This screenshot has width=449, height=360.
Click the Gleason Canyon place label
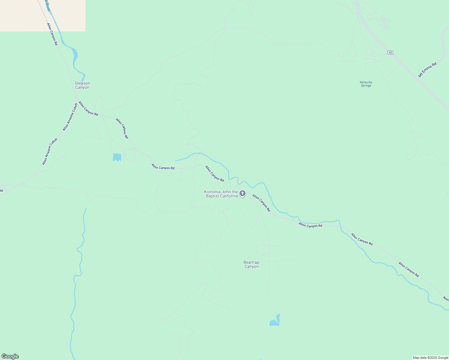82,85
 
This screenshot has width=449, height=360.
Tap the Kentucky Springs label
366,84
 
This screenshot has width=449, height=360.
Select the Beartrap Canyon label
251,264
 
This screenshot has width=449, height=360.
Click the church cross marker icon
243,193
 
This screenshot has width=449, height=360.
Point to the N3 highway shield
390,52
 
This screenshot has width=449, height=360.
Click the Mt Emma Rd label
427,70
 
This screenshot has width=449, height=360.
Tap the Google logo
10,356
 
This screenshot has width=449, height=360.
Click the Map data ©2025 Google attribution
430,358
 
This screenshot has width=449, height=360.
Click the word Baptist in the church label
212,196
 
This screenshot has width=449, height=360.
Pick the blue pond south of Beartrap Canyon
275,321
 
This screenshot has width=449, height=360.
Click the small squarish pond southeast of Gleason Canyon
117,157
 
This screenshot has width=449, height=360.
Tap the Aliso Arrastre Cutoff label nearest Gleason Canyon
70,117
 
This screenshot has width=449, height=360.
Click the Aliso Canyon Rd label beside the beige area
52,34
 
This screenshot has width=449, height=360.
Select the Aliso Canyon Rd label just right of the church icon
261,203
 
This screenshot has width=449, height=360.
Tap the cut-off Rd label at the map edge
1,190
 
